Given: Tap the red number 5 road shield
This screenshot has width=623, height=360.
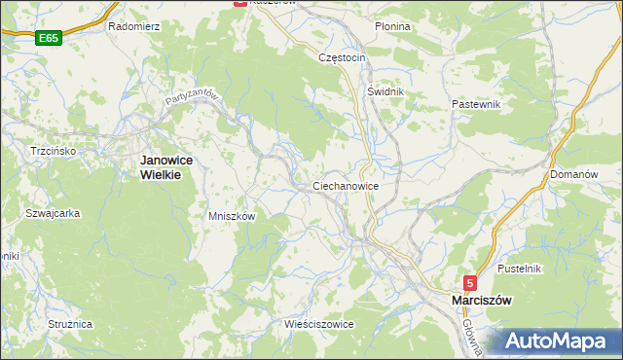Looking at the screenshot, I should (470, 283).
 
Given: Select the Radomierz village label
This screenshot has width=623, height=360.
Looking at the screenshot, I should (133, 26).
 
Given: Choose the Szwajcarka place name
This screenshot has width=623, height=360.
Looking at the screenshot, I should (53, 213).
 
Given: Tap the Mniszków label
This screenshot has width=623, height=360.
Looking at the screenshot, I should (232, 216).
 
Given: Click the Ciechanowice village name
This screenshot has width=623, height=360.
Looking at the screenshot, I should (346, 185).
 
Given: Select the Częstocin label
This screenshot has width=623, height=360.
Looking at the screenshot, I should (342, 57).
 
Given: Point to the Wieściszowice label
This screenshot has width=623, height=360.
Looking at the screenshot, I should (318, 323).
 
